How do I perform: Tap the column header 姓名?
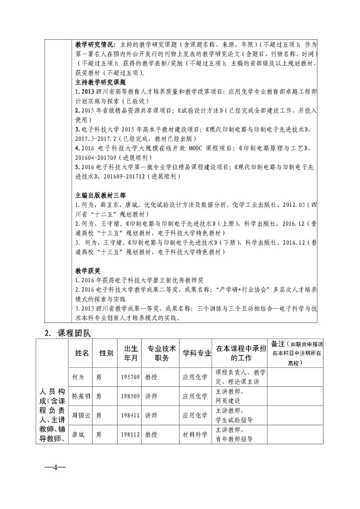point(81,353)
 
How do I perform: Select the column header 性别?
point(106,353)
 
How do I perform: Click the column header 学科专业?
point(197,353)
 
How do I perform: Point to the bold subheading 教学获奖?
point(88,270)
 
